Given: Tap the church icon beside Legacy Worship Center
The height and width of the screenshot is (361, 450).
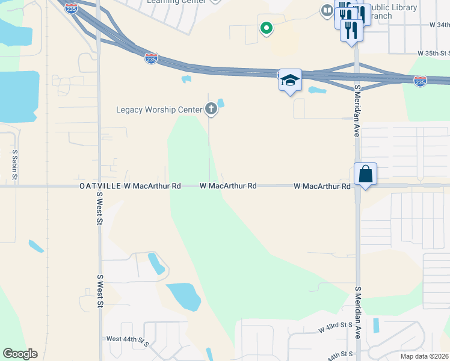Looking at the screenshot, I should (211, 109).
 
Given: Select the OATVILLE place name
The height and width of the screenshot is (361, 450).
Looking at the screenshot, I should (100, 187).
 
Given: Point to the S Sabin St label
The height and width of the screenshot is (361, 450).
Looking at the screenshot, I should (14, 165).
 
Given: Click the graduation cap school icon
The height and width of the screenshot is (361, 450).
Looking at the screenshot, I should (290, 81).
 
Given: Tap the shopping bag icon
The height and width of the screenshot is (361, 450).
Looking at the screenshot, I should (365, 174).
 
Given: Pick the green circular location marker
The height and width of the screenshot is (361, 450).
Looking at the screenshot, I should (265, 28).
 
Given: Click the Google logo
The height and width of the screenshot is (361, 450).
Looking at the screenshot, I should (20, 353).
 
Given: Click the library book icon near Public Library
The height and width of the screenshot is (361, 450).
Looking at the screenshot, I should (327, 10).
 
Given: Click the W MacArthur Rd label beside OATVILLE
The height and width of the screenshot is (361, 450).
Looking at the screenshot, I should (153, 187).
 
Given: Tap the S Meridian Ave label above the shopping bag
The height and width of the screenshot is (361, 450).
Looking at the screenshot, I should (357, 111).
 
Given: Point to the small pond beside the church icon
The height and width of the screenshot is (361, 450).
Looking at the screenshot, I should (221, 103).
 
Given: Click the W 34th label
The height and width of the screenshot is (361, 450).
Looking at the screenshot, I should (439, 25).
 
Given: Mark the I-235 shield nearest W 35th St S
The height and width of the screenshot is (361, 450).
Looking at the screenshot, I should (420, 80).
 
